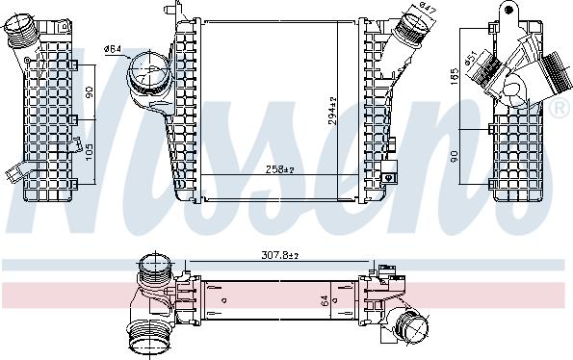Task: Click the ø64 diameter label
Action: pos(112,49)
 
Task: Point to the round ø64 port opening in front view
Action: pos(147,73)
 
